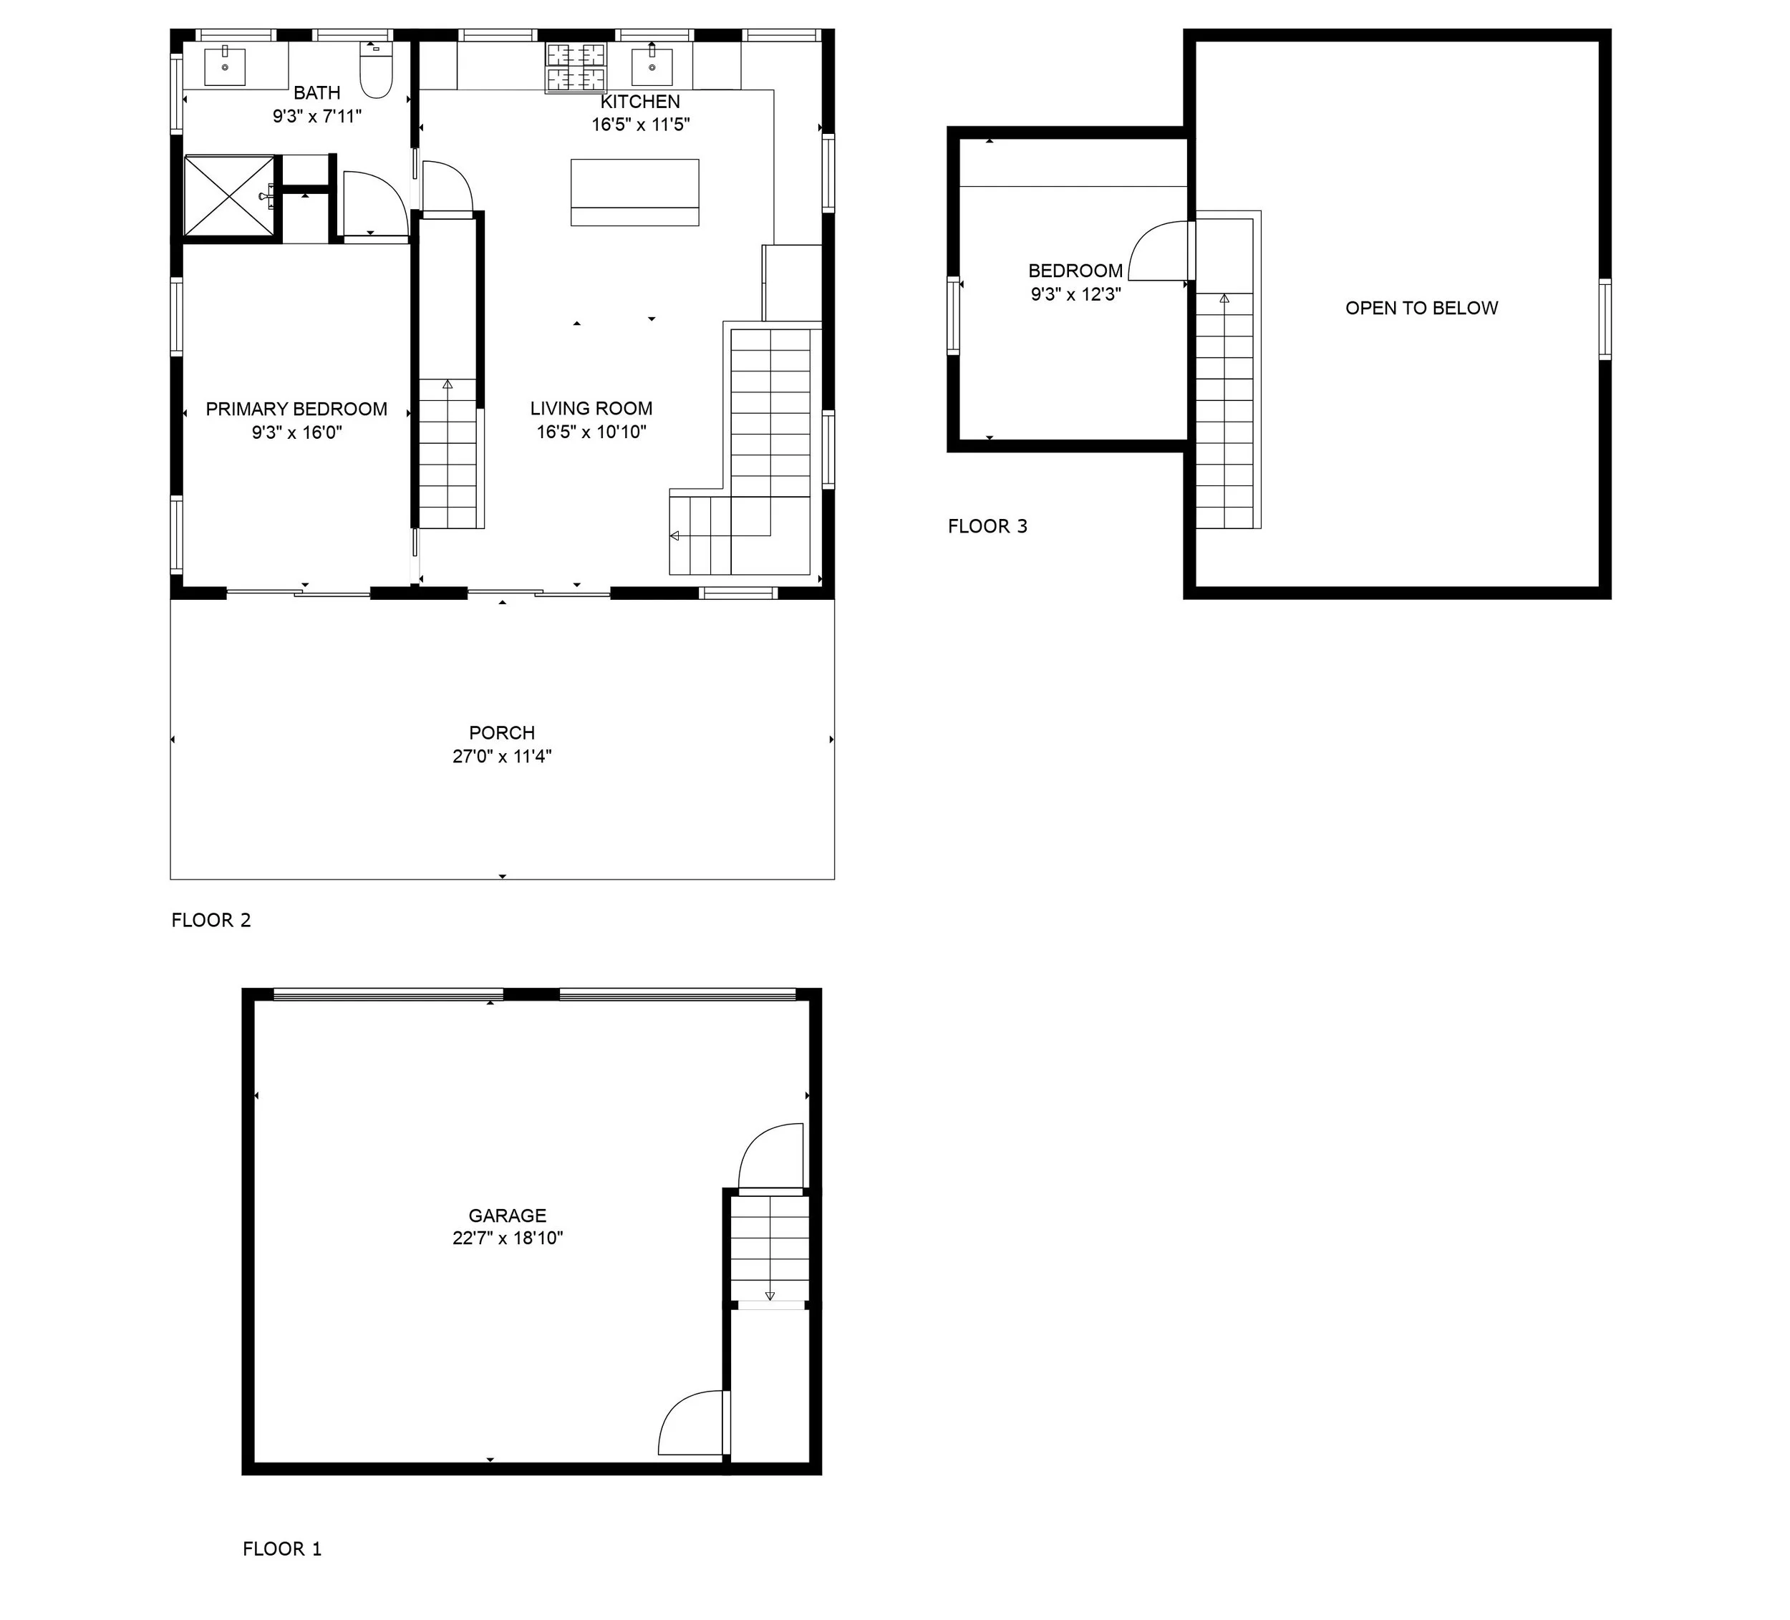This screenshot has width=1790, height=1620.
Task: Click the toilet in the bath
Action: (377, 70)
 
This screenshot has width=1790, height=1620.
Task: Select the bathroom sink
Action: (226, 67)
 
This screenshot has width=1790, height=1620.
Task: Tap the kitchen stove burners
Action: (576, 67)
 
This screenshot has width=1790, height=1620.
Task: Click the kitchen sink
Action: (652, 66)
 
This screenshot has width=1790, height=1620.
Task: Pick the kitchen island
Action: (635, 193)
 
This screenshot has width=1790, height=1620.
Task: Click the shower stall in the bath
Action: (230, 196)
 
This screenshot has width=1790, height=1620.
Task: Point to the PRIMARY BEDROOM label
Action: (296, 409)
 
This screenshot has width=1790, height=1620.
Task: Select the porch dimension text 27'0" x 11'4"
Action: (503, 756)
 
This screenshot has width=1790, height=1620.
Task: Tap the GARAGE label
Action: (508, 1216)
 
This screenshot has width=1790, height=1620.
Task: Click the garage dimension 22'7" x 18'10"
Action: (508, 1238)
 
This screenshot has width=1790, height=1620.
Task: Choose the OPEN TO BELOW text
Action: (1421, 308)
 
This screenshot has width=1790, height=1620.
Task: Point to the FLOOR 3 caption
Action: (987, 526)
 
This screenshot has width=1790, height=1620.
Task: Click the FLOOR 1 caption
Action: (282, 1549)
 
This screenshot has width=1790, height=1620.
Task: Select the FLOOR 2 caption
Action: (211, 921)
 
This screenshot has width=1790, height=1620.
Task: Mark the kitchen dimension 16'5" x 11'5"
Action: (640, 125)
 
